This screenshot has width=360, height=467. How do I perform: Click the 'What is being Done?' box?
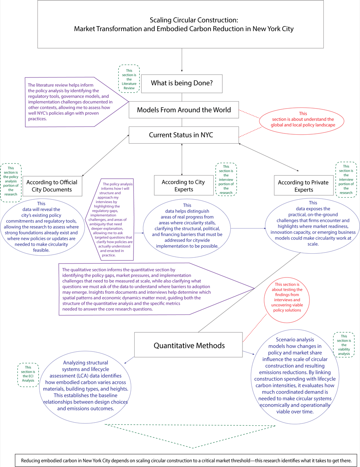pos(182,83)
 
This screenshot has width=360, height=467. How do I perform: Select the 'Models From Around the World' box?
pos(183,110)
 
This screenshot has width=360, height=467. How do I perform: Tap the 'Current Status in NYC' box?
pos(183,135)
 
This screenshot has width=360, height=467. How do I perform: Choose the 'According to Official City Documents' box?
pos(53,186)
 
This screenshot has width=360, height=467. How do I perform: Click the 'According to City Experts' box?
pos(183,185)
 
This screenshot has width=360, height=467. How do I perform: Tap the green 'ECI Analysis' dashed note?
pos(28,375)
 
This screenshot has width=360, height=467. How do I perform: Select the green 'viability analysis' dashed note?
pos(344,344)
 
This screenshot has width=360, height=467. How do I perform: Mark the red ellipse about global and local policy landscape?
pos(303,119)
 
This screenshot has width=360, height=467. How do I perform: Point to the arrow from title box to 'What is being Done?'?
pos(182,60)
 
